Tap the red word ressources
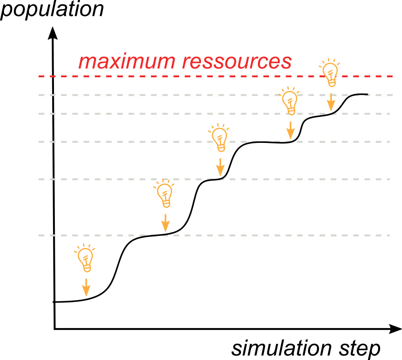[237, 62]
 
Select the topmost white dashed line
[180, 95]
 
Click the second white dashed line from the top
[180, 114]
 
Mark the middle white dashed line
[135, 142]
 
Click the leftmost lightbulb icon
[85, 259]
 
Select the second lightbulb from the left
[165, 194]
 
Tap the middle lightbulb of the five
[219, 138]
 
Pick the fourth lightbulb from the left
[290, 102]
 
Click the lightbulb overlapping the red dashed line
[331, 73]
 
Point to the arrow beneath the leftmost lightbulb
[86, 287]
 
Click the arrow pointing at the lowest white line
[165, 223]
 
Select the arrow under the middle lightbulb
[220, 167]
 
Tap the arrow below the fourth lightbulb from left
[290, 130]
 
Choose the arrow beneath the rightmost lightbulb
[331, 102]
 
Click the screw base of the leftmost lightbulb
[86, 268]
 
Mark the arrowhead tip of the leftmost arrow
[86, 295]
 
